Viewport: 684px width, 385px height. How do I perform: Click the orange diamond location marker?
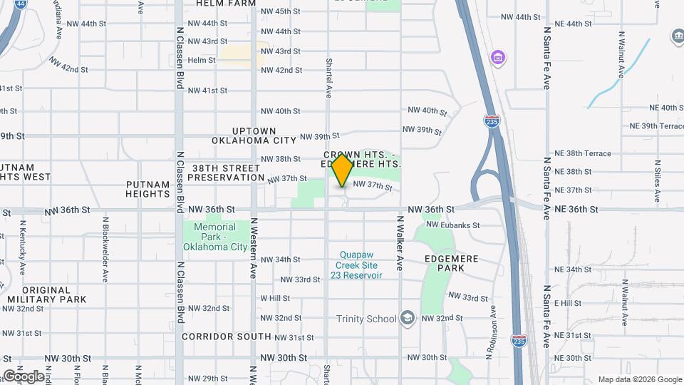click(x=342, y=170)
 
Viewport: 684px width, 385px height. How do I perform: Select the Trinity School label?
click(x=366, y=319)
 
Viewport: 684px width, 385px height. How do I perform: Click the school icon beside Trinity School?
click(x=408, y=317)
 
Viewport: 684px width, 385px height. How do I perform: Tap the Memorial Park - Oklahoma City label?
click(x=215, y=237)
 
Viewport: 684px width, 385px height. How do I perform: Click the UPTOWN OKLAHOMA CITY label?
click(x=254, y=136)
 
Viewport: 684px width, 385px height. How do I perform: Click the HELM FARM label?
click(x=227, y=4)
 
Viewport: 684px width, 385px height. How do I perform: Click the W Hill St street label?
click(x=275, y=298)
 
